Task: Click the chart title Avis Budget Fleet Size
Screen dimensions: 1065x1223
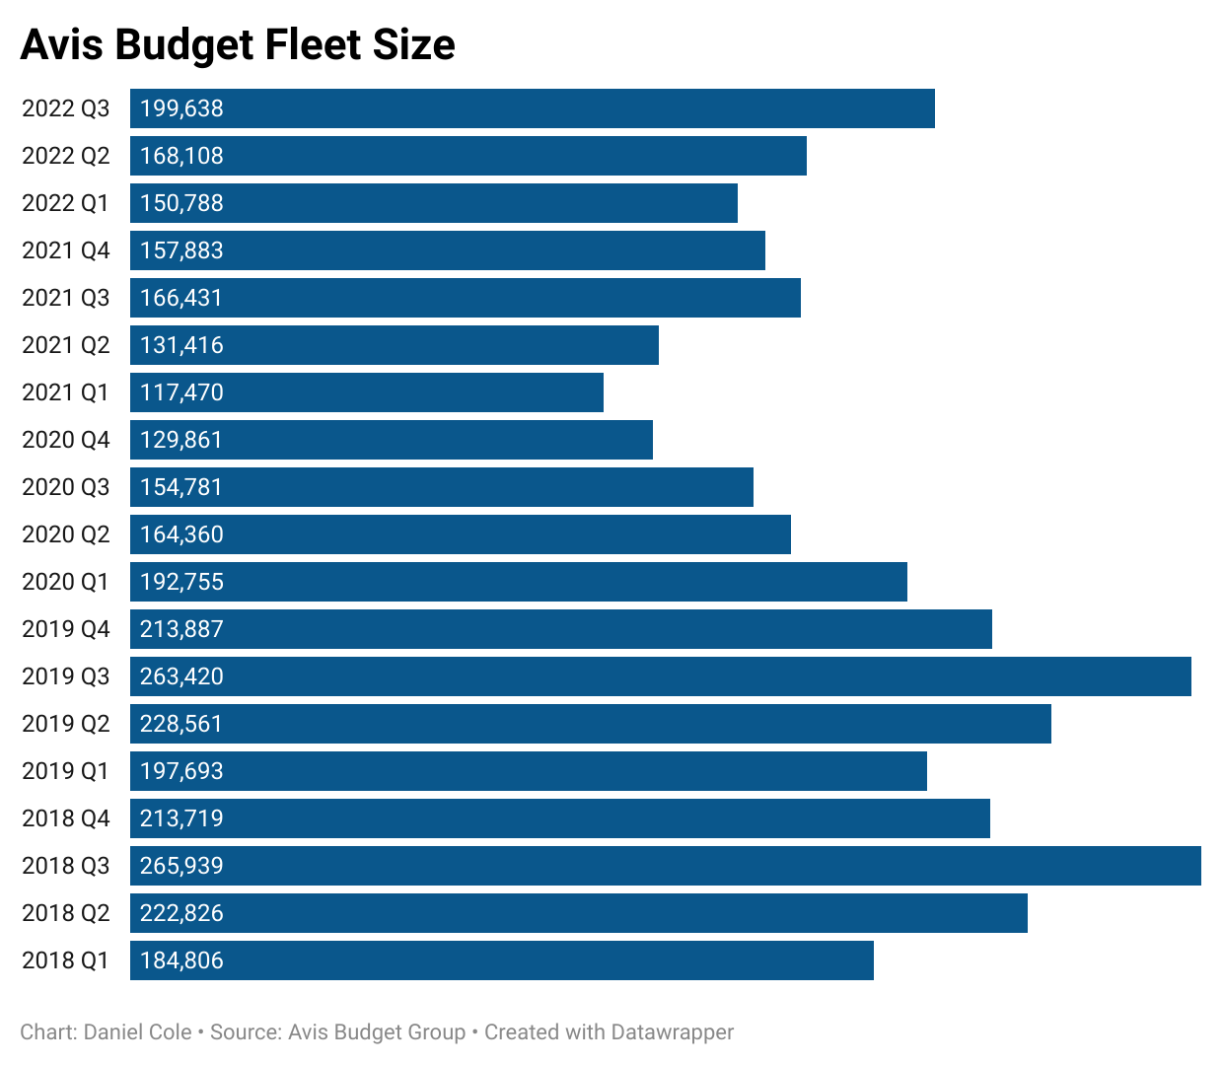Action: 238,45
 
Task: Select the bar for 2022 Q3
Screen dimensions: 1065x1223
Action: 533,108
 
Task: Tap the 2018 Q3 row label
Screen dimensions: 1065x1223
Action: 66,866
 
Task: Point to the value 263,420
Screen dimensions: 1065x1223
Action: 181,676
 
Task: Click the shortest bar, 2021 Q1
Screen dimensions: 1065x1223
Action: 367,392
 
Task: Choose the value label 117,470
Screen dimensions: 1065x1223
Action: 181,392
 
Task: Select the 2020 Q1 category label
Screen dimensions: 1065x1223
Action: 66,582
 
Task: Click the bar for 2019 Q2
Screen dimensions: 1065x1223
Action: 591,724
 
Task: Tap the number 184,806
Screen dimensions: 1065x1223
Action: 181,960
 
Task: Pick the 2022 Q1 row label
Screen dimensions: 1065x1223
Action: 66,203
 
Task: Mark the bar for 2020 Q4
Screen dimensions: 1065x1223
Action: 392,440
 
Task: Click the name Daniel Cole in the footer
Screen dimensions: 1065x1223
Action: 138,1032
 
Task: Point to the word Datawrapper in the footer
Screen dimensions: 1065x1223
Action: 672,1032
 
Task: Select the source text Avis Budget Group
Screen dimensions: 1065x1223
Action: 377,1032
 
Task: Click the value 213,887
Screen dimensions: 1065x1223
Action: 181,629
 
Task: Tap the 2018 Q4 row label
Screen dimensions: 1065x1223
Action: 66,818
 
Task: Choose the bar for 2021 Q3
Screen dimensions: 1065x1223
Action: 466,298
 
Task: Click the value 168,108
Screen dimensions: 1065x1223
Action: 181,156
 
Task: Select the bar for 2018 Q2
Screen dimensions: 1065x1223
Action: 579,913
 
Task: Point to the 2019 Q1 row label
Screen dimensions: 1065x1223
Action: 66,771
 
